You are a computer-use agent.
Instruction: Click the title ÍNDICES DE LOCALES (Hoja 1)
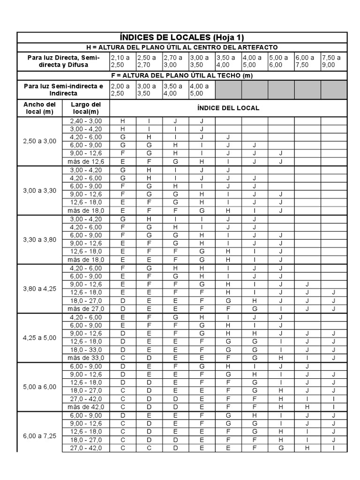[182, 37]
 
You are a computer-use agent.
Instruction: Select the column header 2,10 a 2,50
[122, 61]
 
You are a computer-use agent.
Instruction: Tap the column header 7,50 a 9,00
[333, 61]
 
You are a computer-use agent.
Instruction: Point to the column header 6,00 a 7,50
[307, 61]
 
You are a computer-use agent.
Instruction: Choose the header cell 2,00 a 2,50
[122, 90]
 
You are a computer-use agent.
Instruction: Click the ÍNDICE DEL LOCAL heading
[228, 108]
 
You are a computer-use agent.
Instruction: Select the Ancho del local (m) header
[40, 108]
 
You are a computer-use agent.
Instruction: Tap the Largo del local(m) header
[86, 108]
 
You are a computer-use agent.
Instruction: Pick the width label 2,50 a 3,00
[40, 141]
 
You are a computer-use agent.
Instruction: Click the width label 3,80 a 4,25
[40, 288]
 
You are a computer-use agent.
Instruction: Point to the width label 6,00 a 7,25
[40, 435]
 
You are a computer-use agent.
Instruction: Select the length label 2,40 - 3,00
[86, 121]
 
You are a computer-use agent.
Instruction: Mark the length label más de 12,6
[86, 162]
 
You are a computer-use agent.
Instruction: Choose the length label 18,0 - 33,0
[86, 349]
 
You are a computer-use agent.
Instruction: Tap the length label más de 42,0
[86, 407]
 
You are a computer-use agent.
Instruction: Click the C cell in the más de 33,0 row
[123, 358]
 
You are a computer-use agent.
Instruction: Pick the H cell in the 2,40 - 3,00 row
[123, 121]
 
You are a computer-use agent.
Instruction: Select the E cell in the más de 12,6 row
[123, 162]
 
